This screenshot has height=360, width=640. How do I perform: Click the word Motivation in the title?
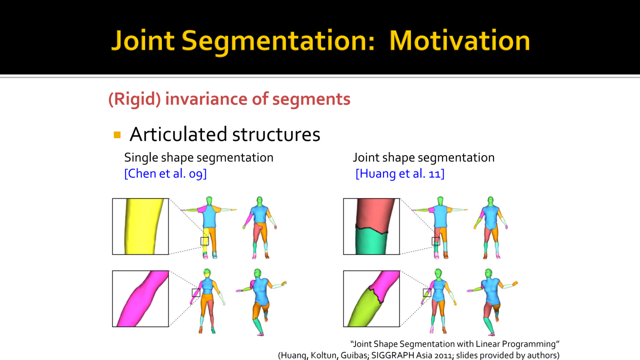(459, 40)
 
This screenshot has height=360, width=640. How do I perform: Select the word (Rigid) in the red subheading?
(134, 99)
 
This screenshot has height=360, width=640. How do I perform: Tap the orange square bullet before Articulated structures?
(117, 134)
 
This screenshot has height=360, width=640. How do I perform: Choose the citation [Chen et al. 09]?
(165, 173)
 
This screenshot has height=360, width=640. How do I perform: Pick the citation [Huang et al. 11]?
(400, 173)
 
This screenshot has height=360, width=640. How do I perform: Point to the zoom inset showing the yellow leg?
(140, 226)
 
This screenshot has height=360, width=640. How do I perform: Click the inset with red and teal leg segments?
(371, 226)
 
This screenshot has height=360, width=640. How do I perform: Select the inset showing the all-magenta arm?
(140, 298)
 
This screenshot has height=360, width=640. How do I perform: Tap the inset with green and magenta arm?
(371, 298)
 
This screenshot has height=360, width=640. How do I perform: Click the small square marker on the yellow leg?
(204, 241)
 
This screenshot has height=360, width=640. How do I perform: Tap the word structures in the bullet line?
(276, 134)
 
